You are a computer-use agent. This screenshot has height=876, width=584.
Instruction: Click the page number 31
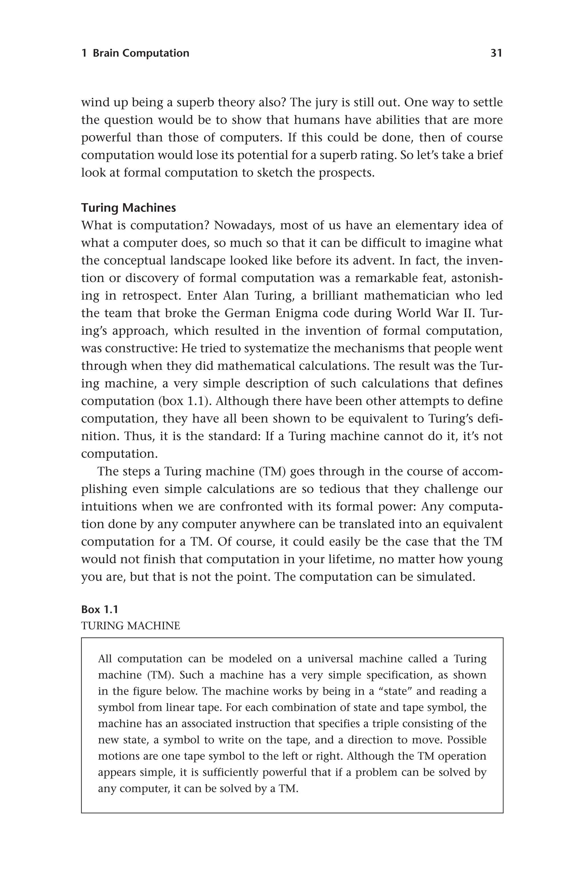coord(496,53)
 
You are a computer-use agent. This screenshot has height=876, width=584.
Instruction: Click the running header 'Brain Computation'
coord(141,53)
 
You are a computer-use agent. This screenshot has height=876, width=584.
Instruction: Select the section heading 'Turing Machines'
coord(129,208)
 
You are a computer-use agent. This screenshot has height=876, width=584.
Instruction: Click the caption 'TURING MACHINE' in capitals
coord(130,626)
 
